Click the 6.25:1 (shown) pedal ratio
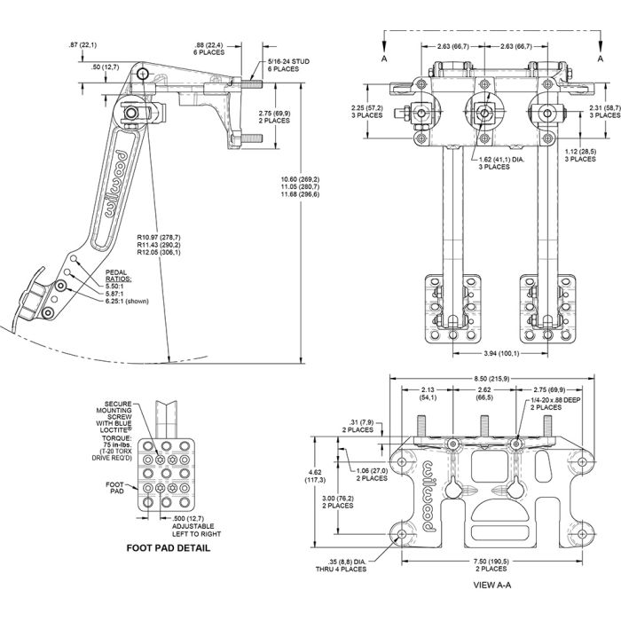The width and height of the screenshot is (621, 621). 126,302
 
